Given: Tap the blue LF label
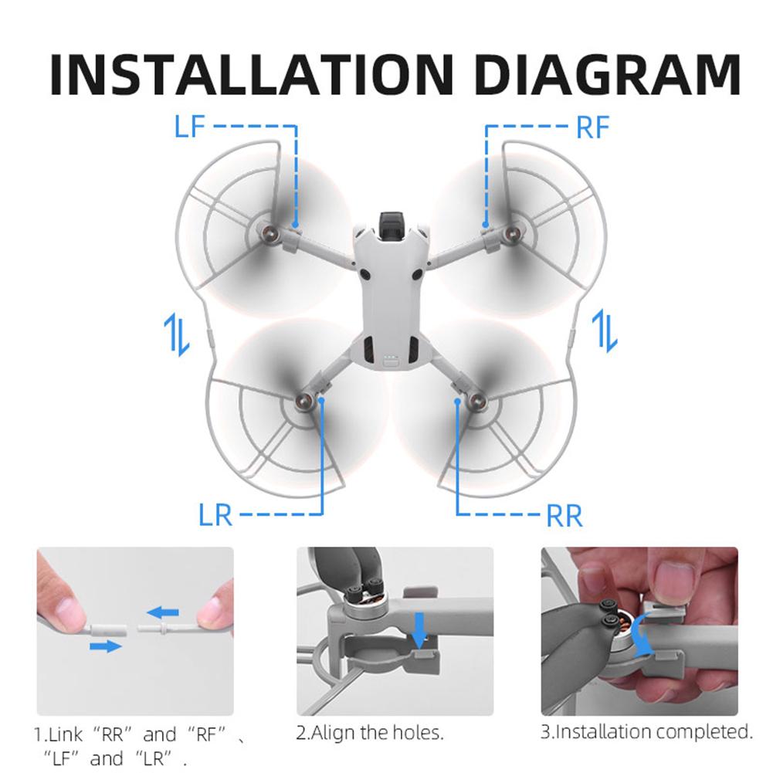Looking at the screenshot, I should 190,125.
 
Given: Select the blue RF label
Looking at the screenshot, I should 593,127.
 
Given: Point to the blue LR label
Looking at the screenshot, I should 215,514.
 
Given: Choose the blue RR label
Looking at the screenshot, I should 564,515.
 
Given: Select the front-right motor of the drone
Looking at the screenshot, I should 510,231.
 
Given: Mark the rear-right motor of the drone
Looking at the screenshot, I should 476,399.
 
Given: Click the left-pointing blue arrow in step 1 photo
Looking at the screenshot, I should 164,612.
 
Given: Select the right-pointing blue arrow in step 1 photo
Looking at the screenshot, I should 105,645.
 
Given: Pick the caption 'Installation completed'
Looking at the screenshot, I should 646,731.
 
